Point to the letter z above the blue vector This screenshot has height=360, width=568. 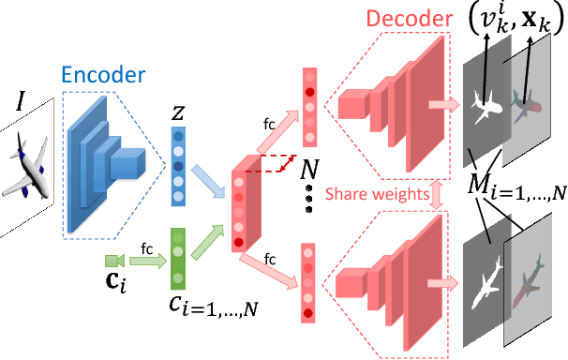tap(178, 113)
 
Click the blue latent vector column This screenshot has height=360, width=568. tap(178, 167)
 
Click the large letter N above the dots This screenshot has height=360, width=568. tap(305, 172)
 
